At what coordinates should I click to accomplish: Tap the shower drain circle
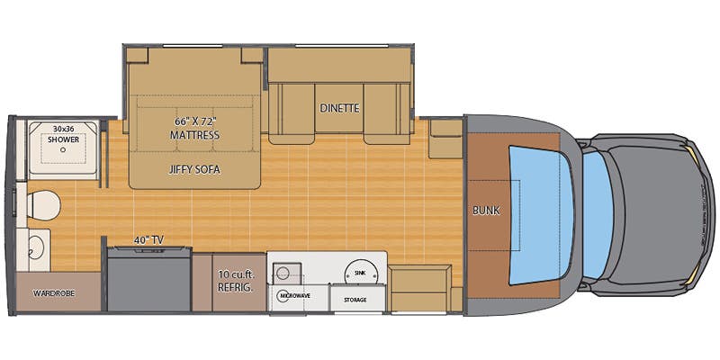(63, 152)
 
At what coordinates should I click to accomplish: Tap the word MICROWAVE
(294, 295)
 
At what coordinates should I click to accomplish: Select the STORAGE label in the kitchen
(355, 300)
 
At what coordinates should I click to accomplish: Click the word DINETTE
(339, 108)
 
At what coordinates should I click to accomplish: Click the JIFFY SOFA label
(195, 168)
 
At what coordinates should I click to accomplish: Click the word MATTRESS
(195, 135)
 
